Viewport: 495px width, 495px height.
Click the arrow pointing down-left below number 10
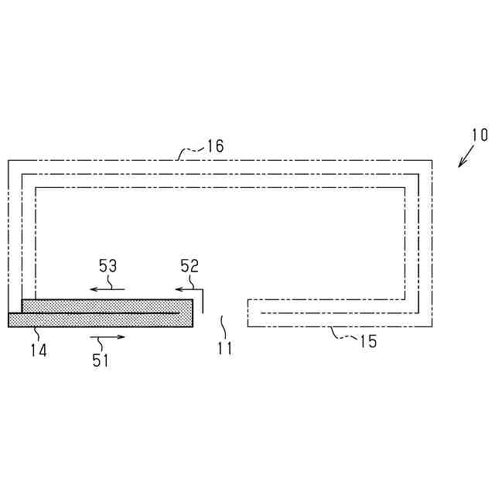[466, 157]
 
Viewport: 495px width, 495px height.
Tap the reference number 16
[215, 146]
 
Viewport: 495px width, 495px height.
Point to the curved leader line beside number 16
[190, 149]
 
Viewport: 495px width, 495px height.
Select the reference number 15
[368, 341]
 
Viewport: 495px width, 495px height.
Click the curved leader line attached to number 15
[343, 334]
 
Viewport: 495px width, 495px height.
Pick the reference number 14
[39, 350]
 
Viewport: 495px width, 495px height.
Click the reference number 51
[101, 359]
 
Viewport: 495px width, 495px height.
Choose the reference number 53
[108, 265]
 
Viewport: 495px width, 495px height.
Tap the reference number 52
[189, 265]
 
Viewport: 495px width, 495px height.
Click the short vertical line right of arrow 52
[202, 301]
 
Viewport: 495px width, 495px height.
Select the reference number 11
[224, 348]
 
